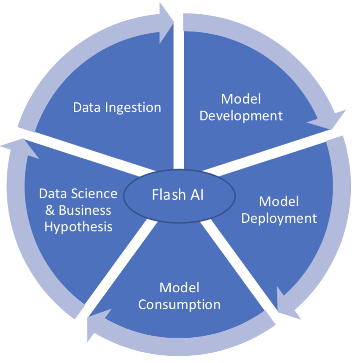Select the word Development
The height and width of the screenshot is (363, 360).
click(x=241, y=115)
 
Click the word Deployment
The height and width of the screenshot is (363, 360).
click(x=279, y=218)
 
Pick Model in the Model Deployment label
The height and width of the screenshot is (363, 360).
click(x=279, y=201)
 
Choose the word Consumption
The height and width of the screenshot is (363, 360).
click(x=179, y=304)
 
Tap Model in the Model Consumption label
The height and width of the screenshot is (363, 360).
click(x=179, y=288)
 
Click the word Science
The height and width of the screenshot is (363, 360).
click(x=94, y=194)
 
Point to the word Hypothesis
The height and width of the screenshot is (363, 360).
click(x=78, y=227)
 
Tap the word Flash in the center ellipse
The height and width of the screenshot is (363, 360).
click(x=167, y=195)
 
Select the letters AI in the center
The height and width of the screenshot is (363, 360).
click(x=197, y=195)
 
